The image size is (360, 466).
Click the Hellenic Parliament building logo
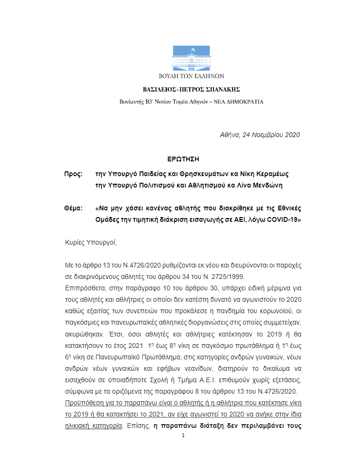click(192, 58)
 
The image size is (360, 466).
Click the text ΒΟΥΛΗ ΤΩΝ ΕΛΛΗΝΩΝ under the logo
click(192, 76)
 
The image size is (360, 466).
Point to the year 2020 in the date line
click(292, 135)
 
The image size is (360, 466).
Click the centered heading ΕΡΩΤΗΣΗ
click(181, 159)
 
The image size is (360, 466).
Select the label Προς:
click(74, 174)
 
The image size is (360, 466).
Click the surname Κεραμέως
click(271, 174)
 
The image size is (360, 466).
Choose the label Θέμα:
click(74, 208)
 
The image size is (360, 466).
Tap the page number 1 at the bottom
click(183, 436)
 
